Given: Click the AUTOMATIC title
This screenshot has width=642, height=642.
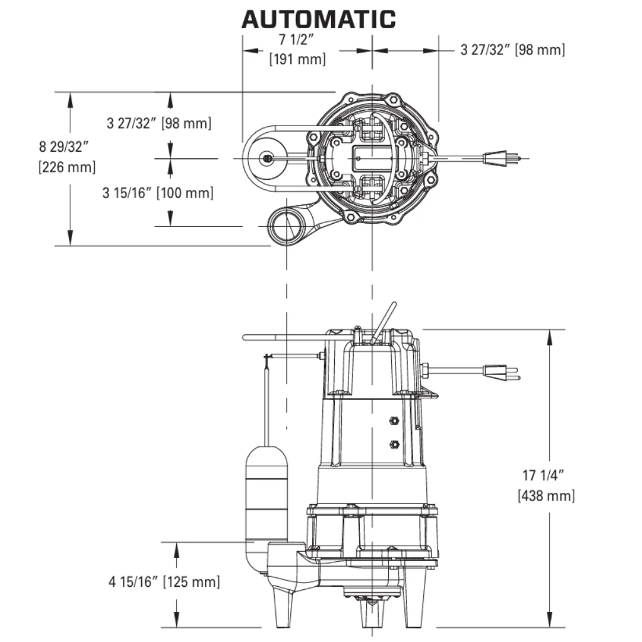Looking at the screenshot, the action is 318,19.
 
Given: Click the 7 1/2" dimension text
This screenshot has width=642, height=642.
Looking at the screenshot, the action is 297,39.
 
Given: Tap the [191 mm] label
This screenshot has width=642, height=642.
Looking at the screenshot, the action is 297,59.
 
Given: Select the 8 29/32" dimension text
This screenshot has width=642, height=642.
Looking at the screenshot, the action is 63,147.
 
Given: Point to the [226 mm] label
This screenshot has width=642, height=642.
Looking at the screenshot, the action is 66,167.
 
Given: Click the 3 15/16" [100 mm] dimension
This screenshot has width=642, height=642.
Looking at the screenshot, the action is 158,193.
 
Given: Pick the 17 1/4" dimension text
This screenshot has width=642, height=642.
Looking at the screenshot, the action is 544,475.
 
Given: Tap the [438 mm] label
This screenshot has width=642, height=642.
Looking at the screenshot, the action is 546,495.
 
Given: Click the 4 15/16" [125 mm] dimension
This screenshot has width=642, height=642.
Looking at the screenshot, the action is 164,581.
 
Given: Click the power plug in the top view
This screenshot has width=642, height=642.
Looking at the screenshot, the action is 502,158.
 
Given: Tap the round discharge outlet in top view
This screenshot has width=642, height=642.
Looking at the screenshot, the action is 286,226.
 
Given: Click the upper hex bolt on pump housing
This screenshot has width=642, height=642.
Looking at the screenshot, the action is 394,420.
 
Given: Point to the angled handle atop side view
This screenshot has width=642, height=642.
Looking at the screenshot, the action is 384,322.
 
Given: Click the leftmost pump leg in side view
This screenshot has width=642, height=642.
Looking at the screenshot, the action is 284,606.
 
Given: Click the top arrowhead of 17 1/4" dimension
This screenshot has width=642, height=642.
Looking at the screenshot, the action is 549,337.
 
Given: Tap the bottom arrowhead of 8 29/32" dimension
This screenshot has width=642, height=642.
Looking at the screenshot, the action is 70,238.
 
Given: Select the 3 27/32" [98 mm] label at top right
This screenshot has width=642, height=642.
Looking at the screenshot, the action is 513,50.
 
